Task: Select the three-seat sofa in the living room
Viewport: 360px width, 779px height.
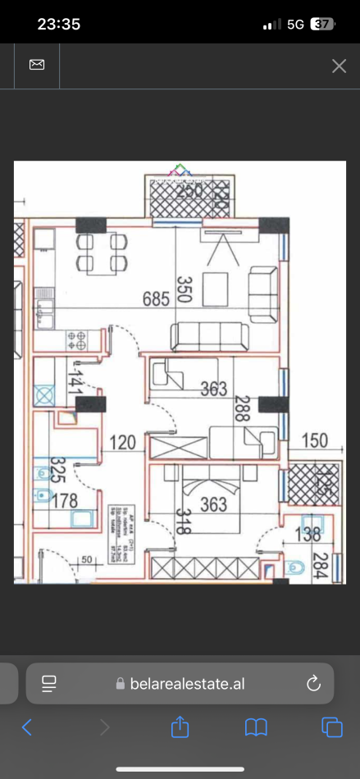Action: (209, 336)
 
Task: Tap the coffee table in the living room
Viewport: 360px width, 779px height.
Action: (216, 289)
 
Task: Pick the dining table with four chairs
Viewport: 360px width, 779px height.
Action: (103, 253)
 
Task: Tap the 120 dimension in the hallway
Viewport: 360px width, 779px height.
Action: (123, 444)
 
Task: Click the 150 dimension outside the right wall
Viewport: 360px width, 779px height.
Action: (313, 440)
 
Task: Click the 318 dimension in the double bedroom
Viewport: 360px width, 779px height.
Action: (181, 521)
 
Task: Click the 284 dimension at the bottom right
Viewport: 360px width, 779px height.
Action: (321, 565)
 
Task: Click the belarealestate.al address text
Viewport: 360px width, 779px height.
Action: (187, 684)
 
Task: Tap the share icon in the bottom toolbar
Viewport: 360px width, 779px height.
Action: (179, 727)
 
